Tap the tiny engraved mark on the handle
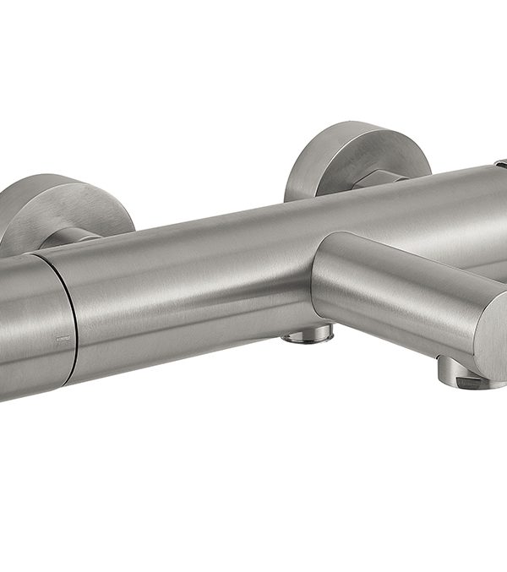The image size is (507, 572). point(60,340)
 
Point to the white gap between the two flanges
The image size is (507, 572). point(211,169)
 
